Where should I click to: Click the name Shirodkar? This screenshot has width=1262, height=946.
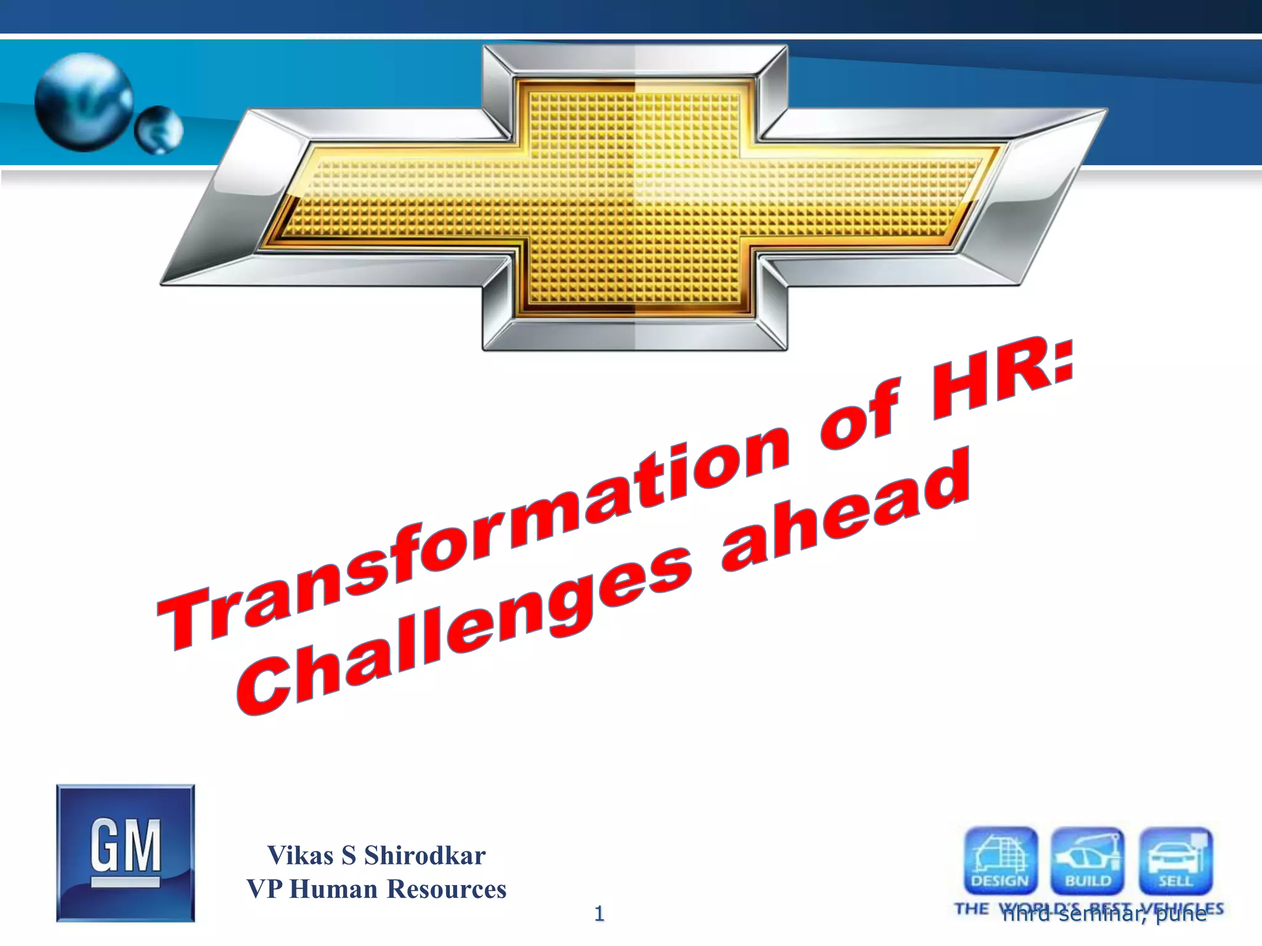[425, 855]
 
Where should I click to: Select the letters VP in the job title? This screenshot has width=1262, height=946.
[264, 889]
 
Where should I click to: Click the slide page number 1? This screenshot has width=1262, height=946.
[599, 914]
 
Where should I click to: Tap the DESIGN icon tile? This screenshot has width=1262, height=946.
[1000, 860]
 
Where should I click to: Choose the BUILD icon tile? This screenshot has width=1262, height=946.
[1088, 860]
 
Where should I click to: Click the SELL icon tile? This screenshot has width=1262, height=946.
[1175, 860]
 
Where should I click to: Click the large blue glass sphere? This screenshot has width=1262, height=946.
[84, 102]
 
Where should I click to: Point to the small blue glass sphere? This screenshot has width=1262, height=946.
[159, 130]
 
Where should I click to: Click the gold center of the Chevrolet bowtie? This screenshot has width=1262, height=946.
[635, 197]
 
